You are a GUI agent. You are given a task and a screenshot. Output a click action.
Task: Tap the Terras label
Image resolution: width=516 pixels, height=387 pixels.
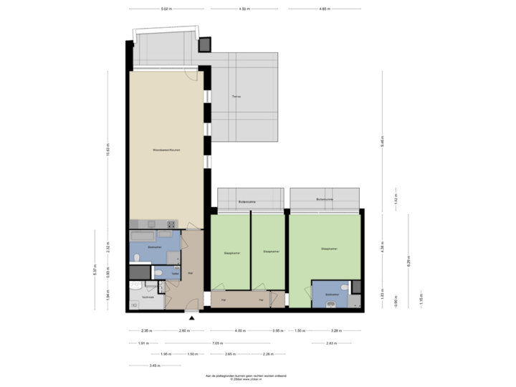(x=236, y=96)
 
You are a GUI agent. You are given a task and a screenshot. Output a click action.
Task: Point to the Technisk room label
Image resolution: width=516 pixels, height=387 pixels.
(x=148, y=296)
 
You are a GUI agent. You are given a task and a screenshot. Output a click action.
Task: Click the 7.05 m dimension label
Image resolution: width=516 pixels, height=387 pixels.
(x=214, y=343)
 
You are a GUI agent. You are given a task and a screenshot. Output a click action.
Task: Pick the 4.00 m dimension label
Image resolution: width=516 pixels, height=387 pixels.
(x=241, y=330)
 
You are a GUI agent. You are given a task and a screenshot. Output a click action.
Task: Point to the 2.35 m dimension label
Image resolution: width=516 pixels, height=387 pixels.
(x=146, y=330)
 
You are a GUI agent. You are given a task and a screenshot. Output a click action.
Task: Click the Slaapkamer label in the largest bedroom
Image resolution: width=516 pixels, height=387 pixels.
(x=330, y=249)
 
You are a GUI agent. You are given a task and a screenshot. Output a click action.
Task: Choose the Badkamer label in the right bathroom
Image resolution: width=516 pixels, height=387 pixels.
(x=331, y=294)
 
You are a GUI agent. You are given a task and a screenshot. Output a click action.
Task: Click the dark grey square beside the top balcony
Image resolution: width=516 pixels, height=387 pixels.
(x=204, y=44)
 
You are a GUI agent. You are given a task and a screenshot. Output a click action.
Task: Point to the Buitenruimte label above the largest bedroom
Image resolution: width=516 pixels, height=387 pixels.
(x=325, y=199)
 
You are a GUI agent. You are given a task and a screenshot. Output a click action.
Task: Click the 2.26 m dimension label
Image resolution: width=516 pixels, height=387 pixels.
(x=268, y=354)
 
